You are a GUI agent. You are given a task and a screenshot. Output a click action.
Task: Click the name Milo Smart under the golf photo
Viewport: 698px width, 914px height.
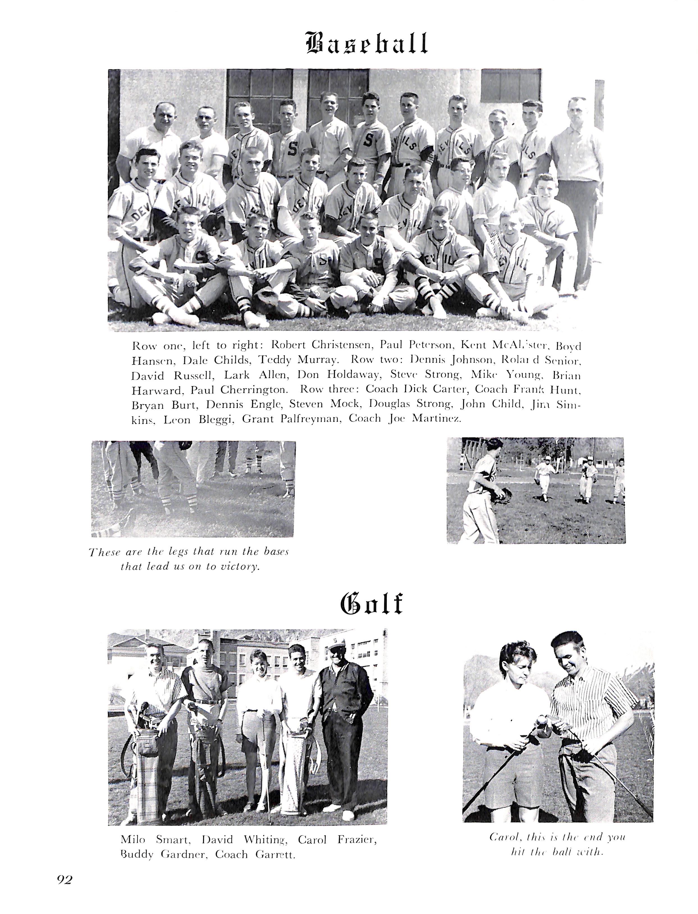coord(155,840)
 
